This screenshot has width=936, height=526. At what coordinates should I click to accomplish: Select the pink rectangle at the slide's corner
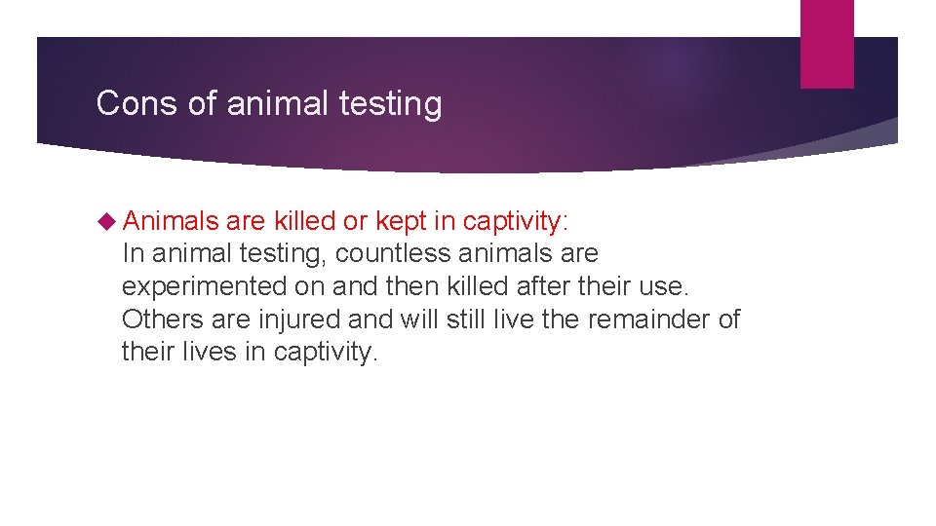pos(826,43)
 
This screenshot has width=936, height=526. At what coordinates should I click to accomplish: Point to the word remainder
pos(645,319)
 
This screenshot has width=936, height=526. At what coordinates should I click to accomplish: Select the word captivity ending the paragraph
pos(322,352)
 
